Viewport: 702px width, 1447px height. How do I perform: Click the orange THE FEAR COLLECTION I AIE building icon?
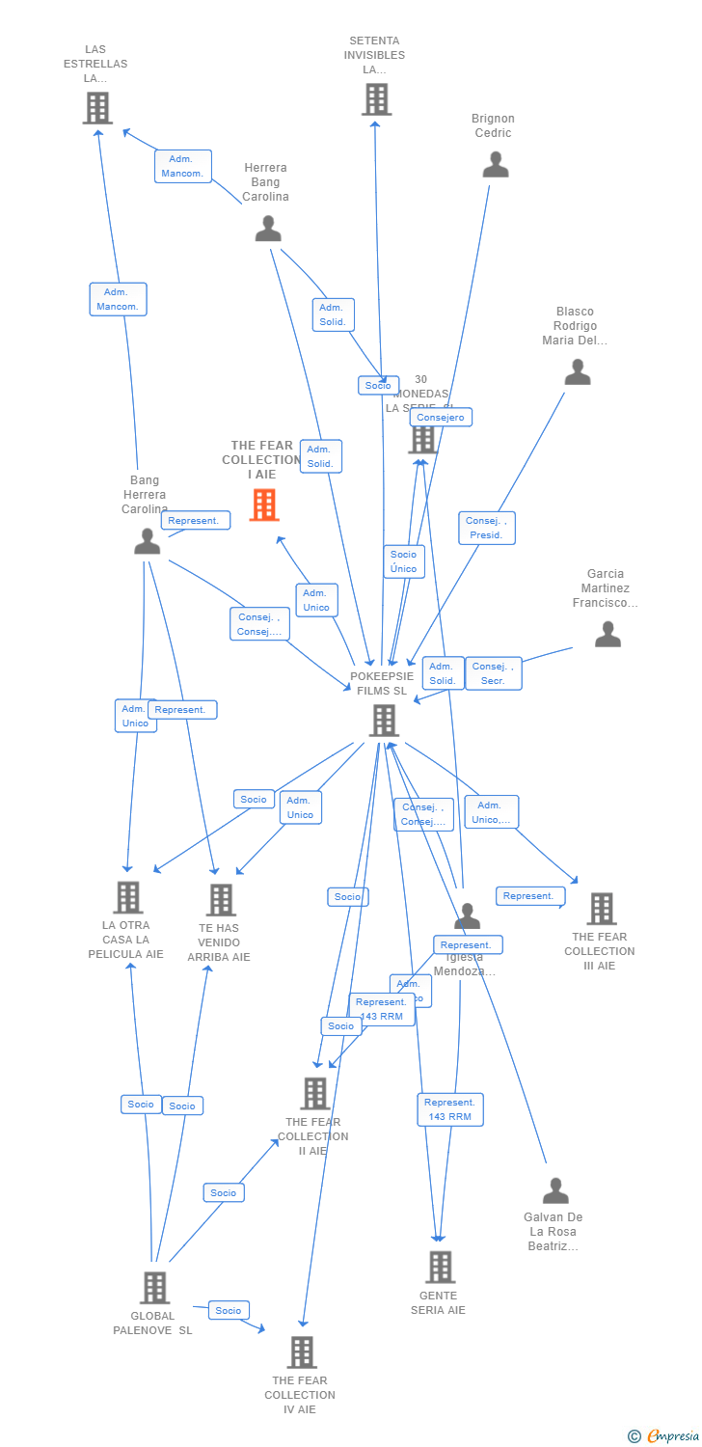tap(264, 505)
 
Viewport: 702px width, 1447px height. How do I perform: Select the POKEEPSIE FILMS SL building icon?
tap(384, 720)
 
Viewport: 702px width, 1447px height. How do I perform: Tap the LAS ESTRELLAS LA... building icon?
tap(97, 108)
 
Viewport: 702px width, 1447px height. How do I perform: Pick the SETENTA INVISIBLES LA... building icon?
tap(376, 99)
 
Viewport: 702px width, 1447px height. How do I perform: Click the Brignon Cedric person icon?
tap(495, 165)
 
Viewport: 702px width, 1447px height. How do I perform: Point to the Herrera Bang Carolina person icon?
tap(268, 229)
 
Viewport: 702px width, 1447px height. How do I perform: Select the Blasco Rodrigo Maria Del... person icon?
tap(578, 372)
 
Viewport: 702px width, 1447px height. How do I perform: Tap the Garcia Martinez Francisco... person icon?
tap(607, 634)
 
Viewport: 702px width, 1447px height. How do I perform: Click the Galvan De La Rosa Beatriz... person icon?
tap(555, 1190)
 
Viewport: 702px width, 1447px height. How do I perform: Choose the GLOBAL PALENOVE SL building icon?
tap(154, 1287)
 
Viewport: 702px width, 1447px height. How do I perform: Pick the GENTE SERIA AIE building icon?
tap(440, 1267)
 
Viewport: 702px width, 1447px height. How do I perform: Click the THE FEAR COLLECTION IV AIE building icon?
tap(302, 1352)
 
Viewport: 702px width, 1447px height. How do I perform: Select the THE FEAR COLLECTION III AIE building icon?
tap(602, 909)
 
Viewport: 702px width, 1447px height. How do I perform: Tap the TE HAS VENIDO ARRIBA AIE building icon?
tap(221, 900)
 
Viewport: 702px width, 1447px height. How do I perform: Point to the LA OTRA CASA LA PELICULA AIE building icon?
tap(127, 897)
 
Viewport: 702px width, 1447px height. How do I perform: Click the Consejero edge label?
tap(441, 418)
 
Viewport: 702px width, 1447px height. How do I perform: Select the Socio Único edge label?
tap(404, 561)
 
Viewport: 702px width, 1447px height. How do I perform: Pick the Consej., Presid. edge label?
tap(487, 528)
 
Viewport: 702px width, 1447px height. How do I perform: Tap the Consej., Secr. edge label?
tap(493, 673)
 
